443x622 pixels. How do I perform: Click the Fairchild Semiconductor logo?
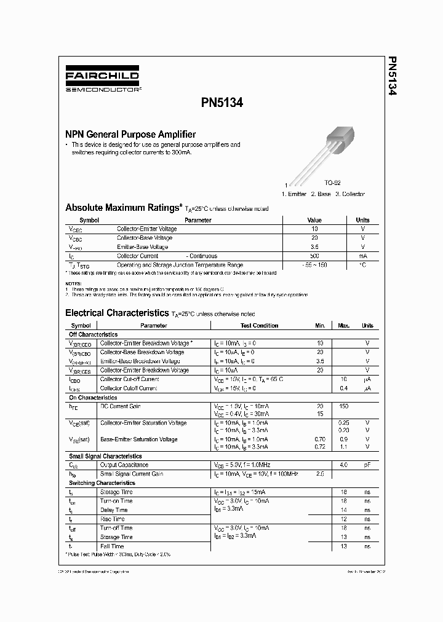tap(103, 79)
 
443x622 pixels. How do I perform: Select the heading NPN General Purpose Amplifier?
tap(130, 134)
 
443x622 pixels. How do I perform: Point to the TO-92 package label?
tap(333, 183)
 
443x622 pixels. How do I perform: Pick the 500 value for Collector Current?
tap(314, 256)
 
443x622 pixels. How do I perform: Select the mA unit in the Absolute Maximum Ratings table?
tap(362, 256)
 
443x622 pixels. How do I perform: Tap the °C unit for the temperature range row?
tap(362, 265)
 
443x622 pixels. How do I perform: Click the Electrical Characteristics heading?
tap(116, 313)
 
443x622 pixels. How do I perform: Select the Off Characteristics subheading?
tap(92, 334)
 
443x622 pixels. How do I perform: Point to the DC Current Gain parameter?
tap(121, 406)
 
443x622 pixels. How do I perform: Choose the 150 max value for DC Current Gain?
tap(343, 406)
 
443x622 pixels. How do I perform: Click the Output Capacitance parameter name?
tap(124, 465)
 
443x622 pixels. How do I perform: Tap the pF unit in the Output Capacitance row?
tap(367, 465)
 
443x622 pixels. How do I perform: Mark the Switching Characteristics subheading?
tap(102, 483)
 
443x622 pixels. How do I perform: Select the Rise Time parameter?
tap(113, 519)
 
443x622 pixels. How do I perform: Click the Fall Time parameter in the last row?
tap(112, 546)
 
